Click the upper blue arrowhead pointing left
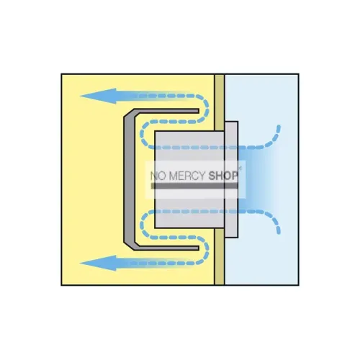point(99,96)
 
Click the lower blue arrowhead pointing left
point(99,263)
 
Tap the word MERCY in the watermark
point(186,176)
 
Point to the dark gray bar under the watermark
point(194,186)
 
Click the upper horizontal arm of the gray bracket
point(166,111)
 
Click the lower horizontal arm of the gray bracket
point(166,248)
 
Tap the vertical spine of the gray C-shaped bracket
point(129,179)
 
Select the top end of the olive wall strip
point(220,75)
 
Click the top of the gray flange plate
point(232,122)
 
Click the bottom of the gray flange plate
point(232,237)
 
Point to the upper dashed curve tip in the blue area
point(279,127)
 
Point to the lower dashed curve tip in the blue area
point(279,232)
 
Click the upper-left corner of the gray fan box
point(155,131)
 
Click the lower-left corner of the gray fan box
point(155,228)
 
